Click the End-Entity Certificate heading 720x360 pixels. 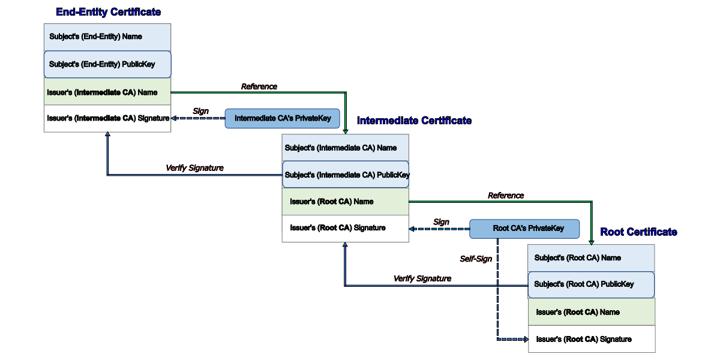108,12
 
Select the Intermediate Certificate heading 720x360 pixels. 414,121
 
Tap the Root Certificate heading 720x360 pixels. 638,232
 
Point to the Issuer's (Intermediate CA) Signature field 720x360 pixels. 107,119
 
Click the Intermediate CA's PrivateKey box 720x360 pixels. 283,118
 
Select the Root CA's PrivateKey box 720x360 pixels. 524,229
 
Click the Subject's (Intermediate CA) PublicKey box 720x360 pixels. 346,175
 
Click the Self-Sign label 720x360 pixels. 476,259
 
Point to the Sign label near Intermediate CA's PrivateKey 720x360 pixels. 200,111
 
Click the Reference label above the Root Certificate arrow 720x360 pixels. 506,196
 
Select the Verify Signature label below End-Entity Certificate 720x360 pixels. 194,168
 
